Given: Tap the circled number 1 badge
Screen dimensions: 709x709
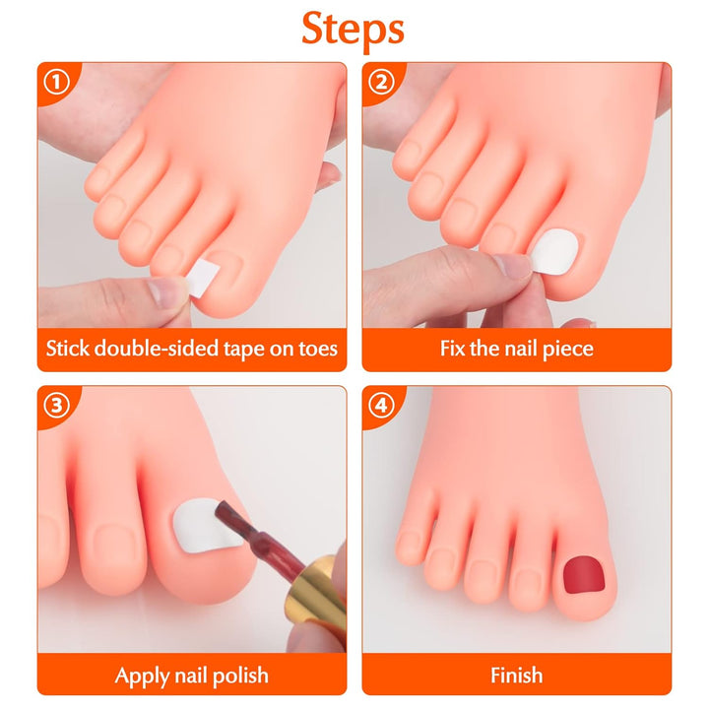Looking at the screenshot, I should tap(55, 81).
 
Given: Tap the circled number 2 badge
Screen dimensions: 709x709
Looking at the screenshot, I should tap(380, 81).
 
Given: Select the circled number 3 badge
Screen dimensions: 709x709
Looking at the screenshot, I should tap(55, 404).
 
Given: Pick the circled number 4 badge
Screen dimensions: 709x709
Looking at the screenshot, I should tap(380, 404).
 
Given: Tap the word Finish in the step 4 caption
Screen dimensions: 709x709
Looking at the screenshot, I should tap(516, 675).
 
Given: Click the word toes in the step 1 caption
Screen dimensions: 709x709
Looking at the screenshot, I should tap(314, 349).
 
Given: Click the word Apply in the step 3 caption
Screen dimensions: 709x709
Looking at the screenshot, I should tap(142, 675).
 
